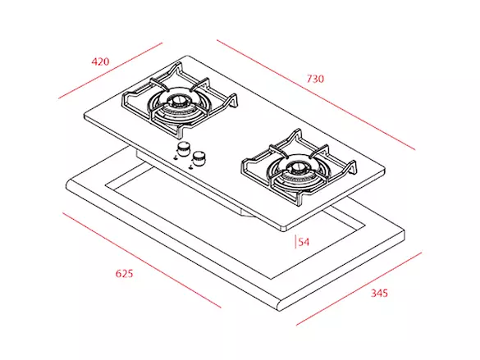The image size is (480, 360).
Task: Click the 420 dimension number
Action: coord(100,62)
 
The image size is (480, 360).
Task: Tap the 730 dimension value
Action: coord(315,79)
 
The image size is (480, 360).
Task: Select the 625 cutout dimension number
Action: coord(124,273)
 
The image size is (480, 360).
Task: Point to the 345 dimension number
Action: coord(379,293)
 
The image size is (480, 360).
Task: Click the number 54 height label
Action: coord(304,242)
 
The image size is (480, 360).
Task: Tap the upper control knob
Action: coord(184,149)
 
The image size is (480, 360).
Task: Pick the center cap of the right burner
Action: coord(297,167)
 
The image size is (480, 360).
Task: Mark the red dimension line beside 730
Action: coord(316,95)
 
